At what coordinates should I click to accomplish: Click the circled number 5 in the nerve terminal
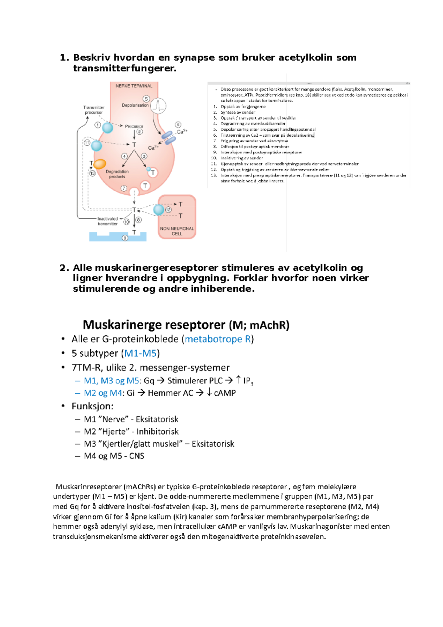pos(147,99)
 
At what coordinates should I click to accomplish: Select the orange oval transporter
pos(100,164)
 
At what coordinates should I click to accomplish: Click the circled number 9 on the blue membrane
pos(125,238)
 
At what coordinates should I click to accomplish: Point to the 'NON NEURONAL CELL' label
pos(177,231)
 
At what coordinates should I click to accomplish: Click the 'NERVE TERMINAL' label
pos(134,86)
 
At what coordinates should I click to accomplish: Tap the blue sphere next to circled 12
pos(159,210)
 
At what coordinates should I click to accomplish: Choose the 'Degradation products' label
pos(117,174)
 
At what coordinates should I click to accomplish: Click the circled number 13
pos(92,173)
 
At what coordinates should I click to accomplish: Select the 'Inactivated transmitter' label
pos(107,221)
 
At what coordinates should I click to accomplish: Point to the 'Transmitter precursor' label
pos(94,110)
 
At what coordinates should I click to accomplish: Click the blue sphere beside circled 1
pos(107,128)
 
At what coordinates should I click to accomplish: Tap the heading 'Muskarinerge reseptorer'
pos(154,325)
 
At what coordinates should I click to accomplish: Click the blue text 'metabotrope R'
pos(218,339)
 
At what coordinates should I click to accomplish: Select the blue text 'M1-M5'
pos(140,353)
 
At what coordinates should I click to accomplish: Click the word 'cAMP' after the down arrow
pos(225,393)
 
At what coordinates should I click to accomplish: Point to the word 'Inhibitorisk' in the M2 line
pos(157,431)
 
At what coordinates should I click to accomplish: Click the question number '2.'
pos(64,268)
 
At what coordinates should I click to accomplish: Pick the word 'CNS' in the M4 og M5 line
pos(137,456)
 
